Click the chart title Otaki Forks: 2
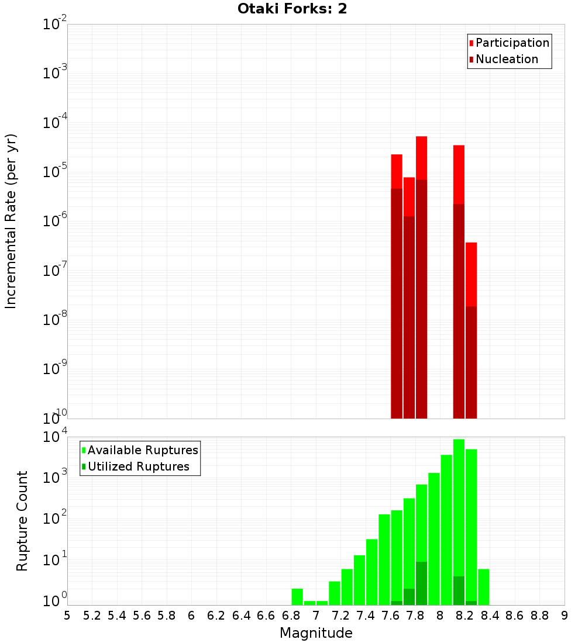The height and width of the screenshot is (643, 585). tap(292, 9)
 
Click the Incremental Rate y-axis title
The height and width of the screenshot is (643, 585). tap(11, 222)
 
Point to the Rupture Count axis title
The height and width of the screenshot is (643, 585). tap(22, 521)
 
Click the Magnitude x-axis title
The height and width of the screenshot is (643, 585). tap(316, 633)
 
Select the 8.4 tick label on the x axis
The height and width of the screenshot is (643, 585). tap(490, 616)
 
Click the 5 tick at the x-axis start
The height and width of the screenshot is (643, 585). tap(67, 616)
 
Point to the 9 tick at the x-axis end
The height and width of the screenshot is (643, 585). tap(565, 616)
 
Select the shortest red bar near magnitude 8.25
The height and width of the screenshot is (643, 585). tap(471, 275)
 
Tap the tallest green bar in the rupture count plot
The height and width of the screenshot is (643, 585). tap(459, 520)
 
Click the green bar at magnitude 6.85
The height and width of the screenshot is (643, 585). tap(297, 597)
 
